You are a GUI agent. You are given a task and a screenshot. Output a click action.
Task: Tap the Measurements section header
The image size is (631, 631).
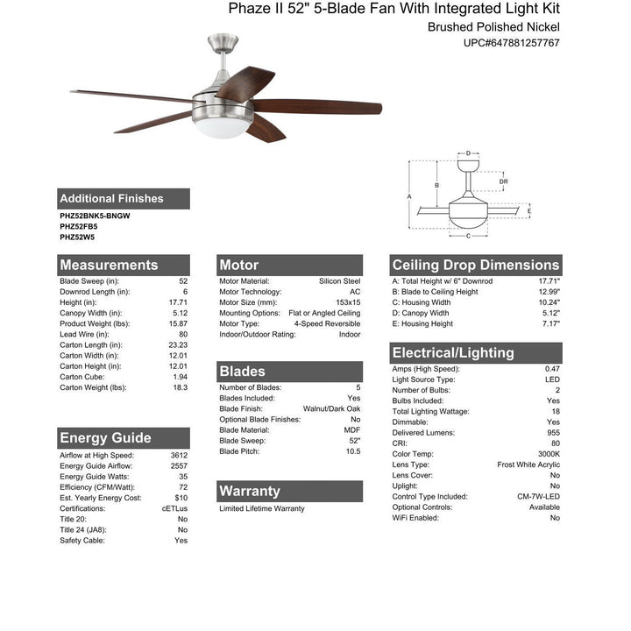pos(109,265)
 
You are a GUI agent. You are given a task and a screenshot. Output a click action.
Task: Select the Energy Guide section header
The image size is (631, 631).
pos(105,437)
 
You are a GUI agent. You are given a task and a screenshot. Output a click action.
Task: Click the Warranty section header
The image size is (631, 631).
pos(250,491)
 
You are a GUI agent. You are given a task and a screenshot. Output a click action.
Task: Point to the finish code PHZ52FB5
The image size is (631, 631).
pos(79,225)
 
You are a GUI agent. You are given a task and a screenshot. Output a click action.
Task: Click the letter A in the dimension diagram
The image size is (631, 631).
pos(409,196)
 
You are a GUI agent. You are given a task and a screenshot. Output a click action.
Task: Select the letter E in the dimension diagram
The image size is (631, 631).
pos(529,210)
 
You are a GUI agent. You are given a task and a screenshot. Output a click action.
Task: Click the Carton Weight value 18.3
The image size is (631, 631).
pos(180,386)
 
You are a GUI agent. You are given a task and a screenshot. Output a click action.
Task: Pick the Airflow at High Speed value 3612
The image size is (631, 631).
pos(179,456)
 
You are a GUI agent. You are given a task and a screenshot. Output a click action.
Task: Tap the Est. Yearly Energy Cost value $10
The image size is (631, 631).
pos(181,498)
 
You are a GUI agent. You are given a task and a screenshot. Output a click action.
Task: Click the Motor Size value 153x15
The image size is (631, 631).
pos(343,302)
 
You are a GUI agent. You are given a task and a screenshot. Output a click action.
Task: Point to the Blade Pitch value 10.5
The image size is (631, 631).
pos(351,450)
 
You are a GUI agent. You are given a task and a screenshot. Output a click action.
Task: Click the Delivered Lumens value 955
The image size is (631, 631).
pos(552,433)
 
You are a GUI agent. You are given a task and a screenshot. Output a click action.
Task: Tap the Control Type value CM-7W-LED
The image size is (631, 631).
pos(538,496)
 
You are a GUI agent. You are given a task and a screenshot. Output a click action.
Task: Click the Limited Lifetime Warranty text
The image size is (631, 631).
pos(262,508)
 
